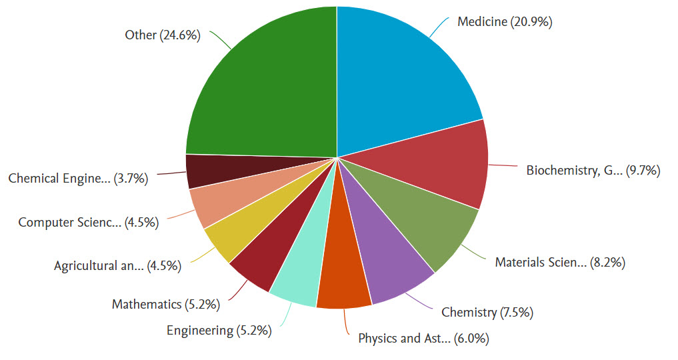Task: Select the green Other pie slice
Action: pyautogui.click(x=267, y=87)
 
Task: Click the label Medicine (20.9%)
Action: pyautogui.click(x=505, y=22)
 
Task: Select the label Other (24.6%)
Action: pyautogui.click(x=163, y=35)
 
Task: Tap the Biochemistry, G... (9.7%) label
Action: pyautogui.click(x=593, y=170)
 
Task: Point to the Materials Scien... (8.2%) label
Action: pyautogui.click(x=559, y=262)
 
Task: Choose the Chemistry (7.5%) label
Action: pyautogui.click(x=487, y=312)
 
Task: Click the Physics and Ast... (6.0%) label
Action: pyautogui.click(x=423, y=339)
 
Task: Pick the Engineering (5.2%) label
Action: pyautogui.click(x=219, y=330)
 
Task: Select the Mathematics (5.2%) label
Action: pyautogui.click(x=165, y=305)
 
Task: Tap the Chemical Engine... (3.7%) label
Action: pyautogui.click(x=77, y=178)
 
